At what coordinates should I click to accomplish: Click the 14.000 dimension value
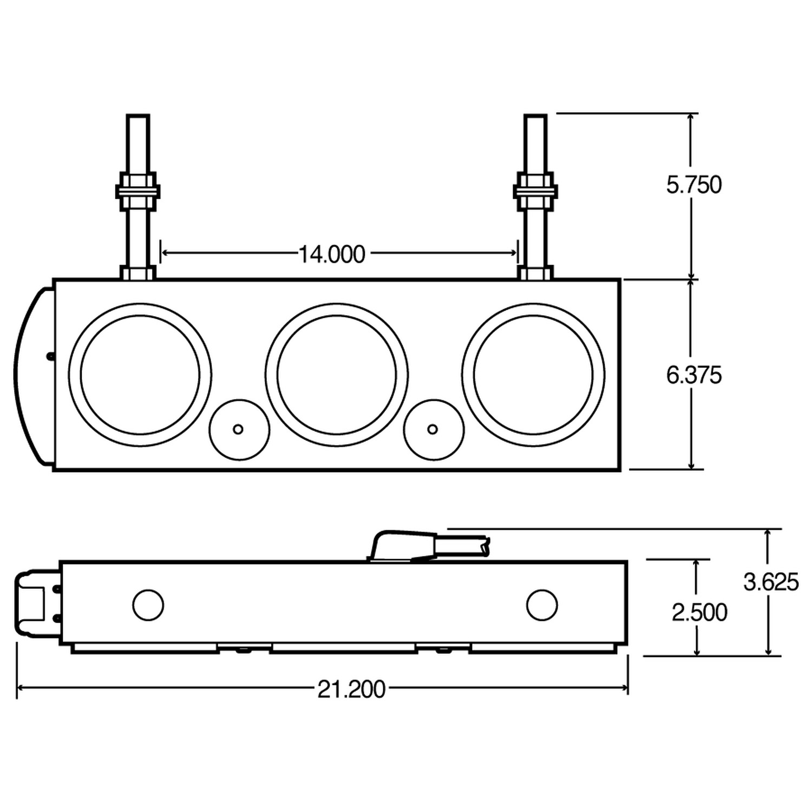(x=332, y=254)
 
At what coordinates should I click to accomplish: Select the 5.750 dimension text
(x=693, y=185)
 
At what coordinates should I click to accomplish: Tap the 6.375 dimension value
(x=693, y=375)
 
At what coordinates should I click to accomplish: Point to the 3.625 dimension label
(x=770, y=582)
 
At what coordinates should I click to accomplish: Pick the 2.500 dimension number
(x=699, y=613)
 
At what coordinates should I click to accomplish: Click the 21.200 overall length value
(x=351, y=690)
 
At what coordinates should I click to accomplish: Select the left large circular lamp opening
(x=140, y=375)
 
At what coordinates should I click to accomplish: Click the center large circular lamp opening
(x=337, y=375)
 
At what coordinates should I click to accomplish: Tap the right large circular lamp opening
(x=533, y=375)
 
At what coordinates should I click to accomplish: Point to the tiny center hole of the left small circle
(x=238, y=429)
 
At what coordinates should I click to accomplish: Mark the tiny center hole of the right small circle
(x=433, y=429)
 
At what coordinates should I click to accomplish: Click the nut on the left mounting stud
(x=137, y=191)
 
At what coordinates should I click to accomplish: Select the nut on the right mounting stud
(x=535, y=191)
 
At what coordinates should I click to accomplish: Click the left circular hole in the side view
(x=148, y=605)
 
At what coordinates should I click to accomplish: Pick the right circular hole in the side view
(x=542, y=605)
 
